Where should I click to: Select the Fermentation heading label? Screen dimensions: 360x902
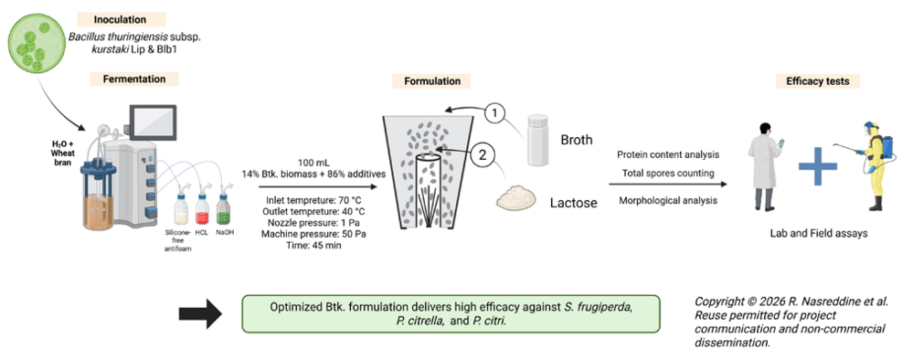(x=133, y=79)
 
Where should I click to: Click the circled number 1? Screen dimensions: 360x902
(x=493, y=114)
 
